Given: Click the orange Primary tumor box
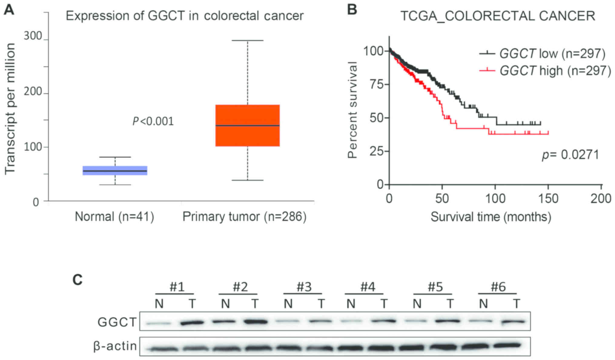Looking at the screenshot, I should tap(247, 125).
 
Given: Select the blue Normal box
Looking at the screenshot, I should tap(115, 171).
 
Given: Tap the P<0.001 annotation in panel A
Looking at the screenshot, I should tap(153, 121).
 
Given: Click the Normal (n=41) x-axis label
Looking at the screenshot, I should tap(114, 217).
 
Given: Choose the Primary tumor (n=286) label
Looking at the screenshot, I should tap(244, 217).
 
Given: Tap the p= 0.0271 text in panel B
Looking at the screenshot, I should tap(570, 155).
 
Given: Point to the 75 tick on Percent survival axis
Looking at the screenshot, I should tap(377, 84).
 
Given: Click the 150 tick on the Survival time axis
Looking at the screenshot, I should tap(548, 198).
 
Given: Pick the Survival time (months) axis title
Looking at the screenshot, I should tap(491, 217).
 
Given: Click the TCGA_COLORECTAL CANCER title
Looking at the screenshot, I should tap(498, 16).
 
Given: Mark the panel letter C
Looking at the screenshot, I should tap(78, 280).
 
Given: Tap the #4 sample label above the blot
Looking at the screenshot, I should tap(368, 287).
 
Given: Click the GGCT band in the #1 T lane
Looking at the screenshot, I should tap(192, 323).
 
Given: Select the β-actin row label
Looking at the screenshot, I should tap(115, 346).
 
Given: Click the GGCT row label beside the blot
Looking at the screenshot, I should tap(117, 322).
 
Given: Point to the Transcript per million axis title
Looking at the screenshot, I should tap(10, 109).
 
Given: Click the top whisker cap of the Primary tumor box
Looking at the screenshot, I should tap(248, 40).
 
